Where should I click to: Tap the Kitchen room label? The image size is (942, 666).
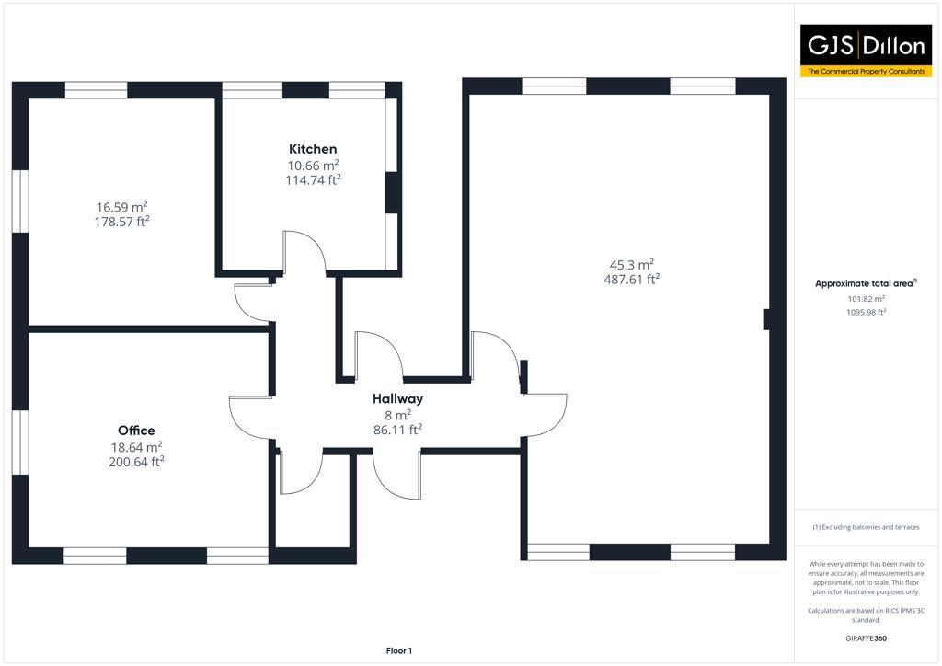[313, 149]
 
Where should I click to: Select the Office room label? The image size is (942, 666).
[136, 431]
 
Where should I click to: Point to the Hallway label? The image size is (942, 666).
[397, 399]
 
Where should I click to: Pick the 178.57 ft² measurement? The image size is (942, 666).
[121, 222]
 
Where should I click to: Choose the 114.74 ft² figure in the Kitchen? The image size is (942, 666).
[313, 180]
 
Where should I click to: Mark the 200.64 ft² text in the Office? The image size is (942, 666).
[136, 463]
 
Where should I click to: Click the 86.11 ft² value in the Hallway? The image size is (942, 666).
[397, 430]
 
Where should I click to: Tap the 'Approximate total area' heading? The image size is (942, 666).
[866, 283]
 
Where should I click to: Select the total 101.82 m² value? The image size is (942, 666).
[866, 299]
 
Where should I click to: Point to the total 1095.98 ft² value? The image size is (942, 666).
[866, 313]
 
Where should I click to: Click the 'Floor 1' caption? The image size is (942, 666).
[399, 651]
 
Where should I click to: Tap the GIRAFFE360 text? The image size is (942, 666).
[866, 638]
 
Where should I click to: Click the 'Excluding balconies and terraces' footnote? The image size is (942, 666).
[866, 527]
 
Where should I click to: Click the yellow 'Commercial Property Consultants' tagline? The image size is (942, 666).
[866, 71]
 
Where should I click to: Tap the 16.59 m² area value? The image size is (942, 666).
[121, 207]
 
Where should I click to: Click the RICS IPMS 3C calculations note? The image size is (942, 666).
[866, 614]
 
